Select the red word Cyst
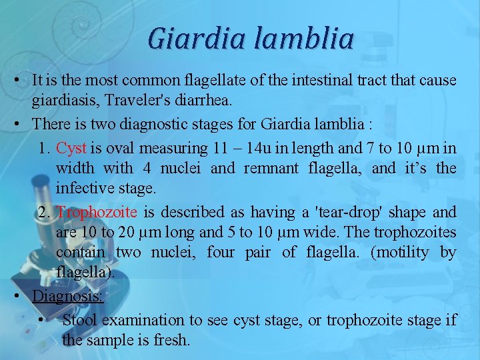pyautogui.click(x=71, y=147)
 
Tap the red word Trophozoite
pyautogui.click(x=97, y=212)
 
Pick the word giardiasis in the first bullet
pyautogui.click(x=56, y=100)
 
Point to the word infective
pyautogui.click(x=82, y=188)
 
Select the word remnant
pyautogui.click(x=270, y=168)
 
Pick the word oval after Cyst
pyautogui.click(x=118, y=147)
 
